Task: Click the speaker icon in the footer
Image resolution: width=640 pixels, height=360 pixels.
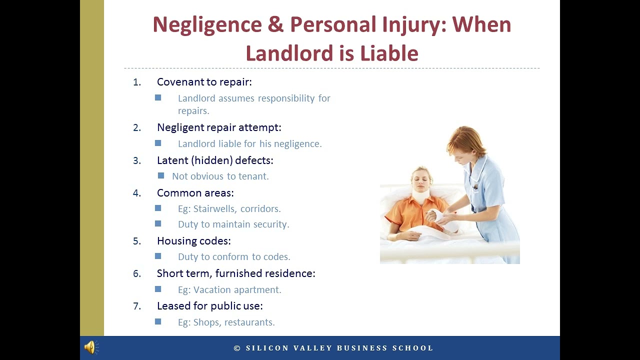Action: point(91,347)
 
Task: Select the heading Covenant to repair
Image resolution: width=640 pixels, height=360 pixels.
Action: point(204,82)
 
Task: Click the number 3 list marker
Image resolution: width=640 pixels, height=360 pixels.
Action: point(136,160)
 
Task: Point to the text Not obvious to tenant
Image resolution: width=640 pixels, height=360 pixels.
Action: point(220,176)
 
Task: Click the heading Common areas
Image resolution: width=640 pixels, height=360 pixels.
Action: point(195,193)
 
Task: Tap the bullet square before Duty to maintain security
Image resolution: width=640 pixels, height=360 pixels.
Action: point(158,223)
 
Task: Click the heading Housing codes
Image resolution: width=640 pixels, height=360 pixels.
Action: point(193,241)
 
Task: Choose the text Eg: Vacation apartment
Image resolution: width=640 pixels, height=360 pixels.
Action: point(229,290)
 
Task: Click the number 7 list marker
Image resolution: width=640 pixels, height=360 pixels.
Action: point(136,306)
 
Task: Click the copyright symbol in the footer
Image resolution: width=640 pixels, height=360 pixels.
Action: point(237,348)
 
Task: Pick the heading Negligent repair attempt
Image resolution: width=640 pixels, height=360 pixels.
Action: point(219,127)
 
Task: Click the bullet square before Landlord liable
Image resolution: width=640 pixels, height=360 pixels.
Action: point(158,143)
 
